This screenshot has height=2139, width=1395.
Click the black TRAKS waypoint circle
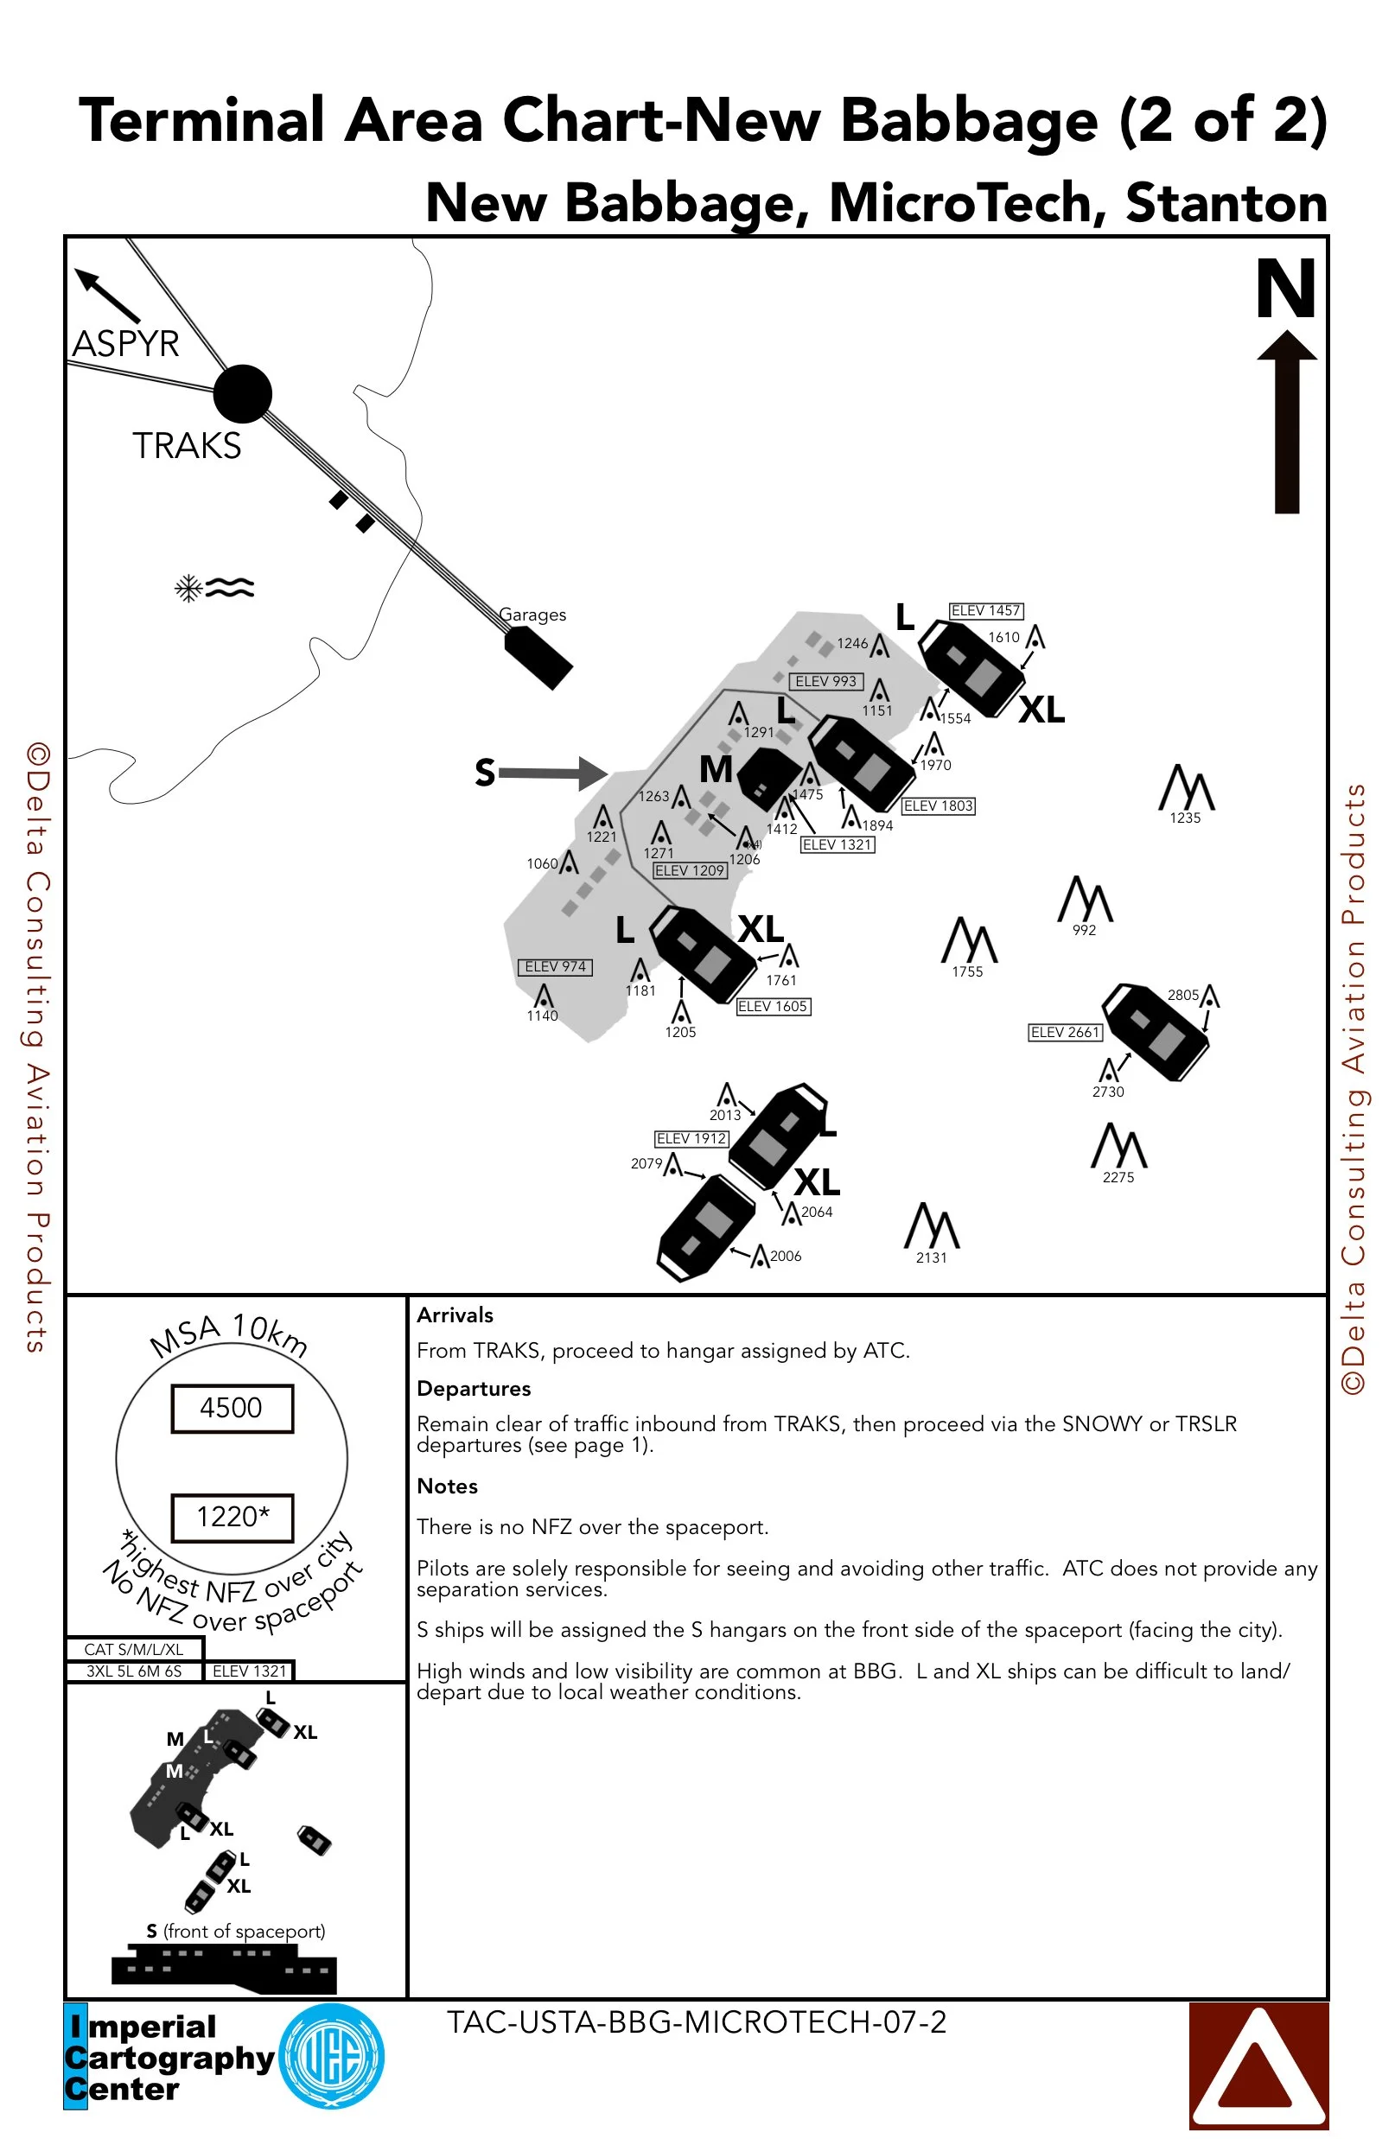click(243, 393)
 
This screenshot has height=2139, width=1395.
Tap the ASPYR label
click(126, 344)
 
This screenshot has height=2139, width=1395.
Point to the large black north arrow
click(1287, 423)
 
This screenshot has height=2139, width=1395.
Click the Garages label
click(533, 614)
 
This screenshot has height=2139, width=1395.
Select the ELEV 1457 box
click(986, 611)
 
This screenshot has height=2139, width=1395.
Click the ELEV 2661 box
click(1065, 1033)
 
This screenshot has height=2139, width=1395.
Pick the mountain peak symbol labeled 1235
click(1187, 788)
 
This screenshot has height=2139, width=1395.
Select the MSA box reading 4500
click(232, 1409)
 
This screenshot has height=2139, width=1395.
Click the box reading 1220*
click(232, 1518)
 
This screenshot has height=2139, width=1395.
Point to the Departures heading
click(474, 1389)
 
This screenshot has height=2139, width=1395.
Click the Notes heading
click(447, 1486)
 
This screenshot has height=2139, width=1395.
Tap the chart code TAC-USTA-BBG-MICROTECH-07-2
click(697, 2022)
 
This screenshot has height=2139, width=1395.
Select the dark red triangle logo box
click(1258, 2066)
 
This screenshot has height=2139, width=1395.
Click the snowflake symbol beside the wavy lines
click(188, 589)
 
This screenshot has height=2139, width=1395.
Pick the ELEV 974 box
click(555, 967)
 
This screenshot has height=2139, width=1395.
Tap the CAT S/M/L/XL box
click(134, 1649)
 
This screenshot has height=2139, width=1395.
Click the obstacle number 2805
click(1183, 995)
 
